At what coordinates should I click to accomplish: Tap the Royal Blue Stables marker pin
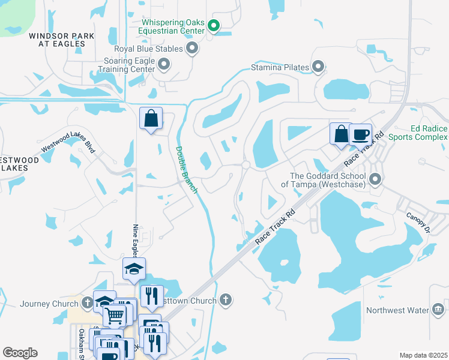tap(192, 48)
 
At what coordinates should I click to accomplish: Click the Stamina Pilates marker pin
tap(318, 67)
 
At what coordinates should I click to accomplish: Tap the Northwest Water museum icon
tap(438, 310)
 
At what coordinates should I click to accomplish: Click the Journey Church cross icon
tap(87, 304)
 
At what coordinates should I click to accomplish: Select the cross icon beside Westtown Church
tap(225, 300)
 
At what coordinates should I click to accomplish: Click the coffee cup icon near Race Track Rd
tap(361, 134)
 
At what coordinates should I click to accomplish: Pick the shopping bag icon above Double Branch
tap(151, 118)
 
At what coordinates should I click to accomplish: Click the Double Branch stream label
tap(186, 169)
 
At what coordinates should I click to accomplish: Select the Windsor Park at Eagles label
tap(61, 40)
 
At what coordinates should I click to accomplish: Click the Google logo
tap(20, 353)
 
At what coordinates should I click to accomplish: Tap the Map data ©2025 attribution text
tap(423, 355)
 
